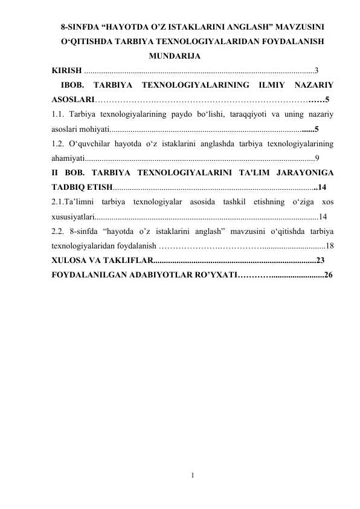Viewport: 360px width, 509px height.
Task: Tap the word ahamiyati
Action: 68,158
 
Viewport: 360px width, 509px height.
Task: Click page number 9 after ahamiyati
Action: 317,158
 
